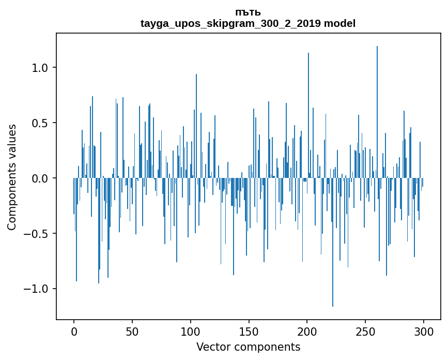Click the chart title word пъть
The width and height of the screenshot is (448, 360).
pos(248,12)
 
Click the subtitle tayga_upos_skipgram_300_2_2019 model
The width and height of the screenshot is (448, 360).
pos(248,23)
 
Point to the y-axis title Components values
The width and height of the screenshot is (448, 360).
pos(12,177)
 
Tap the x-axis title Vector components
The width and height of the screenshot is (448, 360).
pos(248,347)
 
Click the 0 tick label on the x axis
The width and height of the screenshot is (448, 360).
pos(74,332)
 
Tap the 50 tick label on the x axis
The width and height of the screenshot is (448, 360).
pos(132,332)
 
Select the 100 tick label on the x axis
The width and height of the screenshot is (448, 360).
pos(191,332)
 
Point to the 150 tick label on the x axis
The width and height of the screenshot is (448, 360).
pos(249,332)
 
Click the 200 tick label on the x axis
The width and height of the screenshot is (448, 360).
pos(307,332)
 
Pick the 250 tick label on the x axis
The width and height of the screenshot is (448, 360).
pos(365,332)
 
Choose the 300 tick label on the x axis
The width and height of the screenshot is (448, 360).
pos(424,332)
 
